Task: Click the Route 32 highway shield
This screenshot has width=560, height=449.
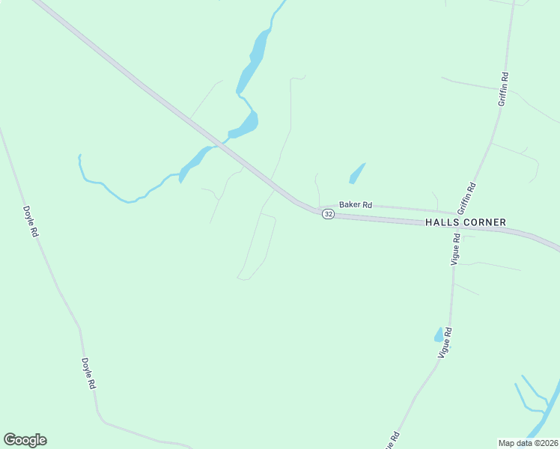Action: coord(328,214)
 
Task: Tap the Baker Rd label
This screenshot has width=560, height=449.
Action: coord(356,204)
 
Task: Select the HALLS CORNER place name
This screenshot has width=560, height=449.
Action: coord(466,222)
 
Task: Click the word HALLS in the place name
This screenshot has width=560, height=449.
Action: coord(442,222)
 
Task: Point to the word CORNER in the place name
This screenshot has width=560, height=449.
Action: coord(485,222)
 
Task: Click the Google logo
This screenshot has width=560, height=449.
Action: coord(25,440)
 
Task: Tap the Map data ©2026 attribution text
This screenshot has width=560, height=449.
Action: coord(528,442)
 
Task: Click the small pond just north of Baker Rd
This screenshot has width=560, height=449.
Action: coord(356,174)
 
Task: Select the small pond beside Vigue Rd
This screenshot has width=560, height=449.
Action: coord(439,335)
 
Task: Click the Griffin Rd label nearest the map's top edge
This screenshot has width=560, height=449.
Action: coord(504,88)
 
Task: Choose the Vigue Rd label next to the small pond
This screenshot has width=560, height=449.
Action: coord(446,342)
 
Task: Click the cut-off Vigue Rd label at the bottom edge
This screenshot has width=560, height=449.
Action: coord(392,441)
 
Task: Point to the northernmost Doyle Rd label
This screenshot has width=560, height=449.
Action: coord(31,222)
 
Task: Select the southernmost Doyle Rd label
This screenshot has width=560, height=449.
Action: coord(88,373)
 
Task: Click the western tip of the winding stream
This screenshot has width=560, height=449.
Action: coord(79,156)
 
